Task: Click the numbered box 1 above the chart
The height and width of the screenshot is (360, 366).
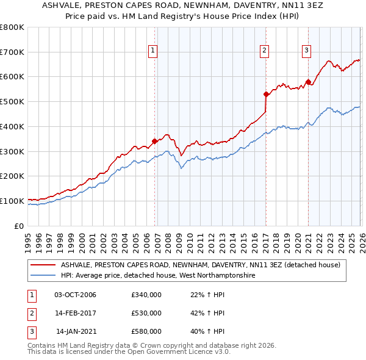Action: (152, 51)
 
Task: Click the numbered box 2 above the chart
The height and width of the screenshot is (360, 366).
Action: (265, 51)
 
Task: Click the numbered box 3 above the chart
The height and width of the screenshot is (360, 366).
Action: (306, 51)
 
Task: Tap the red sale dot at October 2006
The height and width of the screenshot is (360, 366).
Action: (154, 141)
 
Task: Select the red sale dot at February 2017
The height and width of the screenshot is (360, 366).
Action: (266, 94)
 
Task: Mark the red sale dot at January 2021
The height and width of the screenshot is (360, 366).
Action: (308, 81)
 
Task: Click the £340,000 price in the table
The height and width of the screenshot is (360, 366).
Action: (146, 295)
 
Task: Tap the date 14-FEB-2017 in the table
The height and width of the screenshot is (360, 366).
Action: (76, 313)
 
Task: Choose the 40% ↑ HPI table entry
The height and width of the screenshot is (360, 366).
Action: (209, 331)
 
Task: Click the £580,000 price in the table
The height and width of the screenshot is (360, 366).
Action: (146, 331)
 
